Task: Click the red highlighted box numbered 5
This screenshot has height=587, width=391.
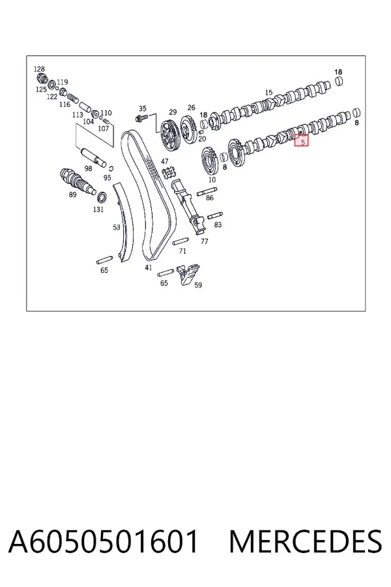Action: (x=302, y=140)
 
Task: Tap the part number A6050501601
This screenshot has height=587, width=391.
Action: (x=103, y=541)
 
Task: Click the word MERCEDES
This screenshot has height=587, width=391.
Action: (x=306, y=541)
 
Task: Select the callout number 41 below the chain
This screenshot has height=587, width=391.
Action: (x=149, y=267)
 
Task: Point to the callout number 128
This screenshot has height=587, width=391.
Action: (x=39, y=69)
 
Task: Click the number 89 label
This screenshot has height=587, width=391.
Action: (x=72, y=194)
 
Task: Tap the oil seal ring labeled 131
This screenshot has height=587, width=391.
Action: (x=102, y=196)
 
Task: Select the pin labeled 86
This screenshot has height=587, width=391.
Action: (x=207, y=191)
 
